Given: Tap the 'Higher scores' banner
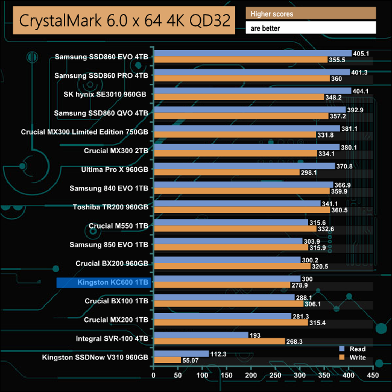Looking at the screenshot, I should [x=311, y=13].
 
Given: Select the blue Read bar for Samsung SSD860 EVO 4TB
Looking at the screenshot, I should [x=253, y=54].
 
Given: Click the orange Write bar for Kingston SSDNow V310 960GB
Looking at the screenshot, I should [x=167, y=360].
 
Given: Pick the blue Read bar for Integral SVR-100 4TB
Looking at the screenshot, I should [x=201, y=334].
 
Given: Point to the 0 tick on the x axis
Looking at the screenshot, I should [x=154, y=376].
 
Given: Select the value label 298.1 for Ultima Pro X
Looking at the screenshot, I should [x=311, y=172].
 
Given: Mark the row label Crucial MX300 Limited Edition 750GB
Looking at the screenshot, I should [x=85, y=131].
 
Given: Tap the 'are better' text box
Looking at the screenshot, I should [x=311, y=28].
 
